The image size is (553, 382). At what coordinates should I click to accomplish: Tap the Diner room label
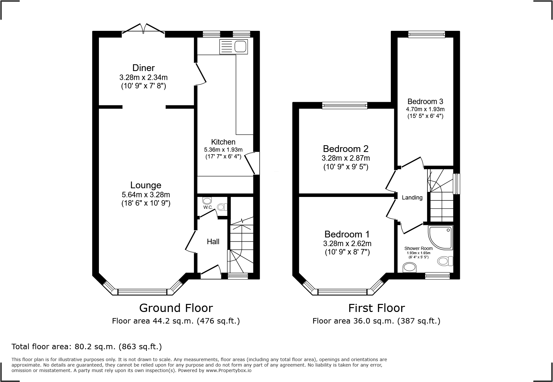[x=144, y=68]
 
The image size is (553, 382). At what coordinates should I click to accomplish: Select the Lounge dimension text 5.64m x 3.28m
[x=146, y=194]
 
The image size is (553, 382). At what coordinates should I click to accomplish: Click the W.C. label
[x=208, y=207]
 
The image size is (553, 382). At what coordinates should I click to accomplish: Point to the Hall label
[x=213, y=242]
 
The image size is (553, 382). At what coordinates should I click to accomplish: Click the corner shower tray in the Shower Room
[x=440, y=237]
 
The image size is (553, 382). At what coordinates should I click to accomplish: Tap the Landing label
[x=412, y=198]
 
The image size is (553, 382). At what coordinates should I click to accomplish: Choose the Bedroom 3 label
[x=425, y=102]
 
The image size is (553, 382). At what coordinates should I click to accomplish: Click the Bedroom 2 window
[x=345, y=105]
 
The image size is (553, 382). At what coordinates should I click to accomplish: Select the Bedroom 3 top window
[x=426, y=34]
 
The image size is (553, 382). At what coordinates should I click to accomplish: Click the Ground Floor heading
[x=176, y=308]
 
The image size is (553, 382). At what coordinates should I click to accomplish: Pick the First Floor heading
[x=376, y=308]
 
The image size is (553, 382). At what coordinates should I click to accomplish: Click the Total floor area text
[x=87, y=347]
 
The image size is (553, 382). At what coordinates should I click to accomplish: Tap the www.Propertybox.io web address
[x=229, y=370]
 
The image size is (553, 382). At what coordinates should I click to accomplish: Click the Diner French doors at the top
[x=144, y=28]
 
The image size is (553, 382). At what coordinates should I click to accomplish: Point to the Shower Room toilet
[x=445, y=261]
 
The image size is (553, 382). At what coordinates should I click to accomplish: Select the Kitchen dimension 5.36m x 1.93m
[x=223, y=150]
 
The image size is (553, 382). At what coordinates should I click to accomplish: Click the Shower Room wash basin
[x=409, y=267]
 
